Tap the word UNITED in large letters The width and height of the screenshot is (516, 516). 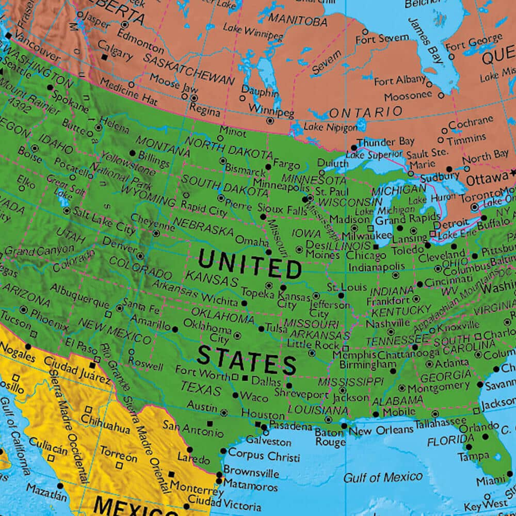point(250,264)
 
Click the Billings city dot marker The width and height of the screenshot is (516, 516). point(133,153)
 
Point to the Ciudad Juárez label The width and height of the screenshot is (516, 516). point(77,370)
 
